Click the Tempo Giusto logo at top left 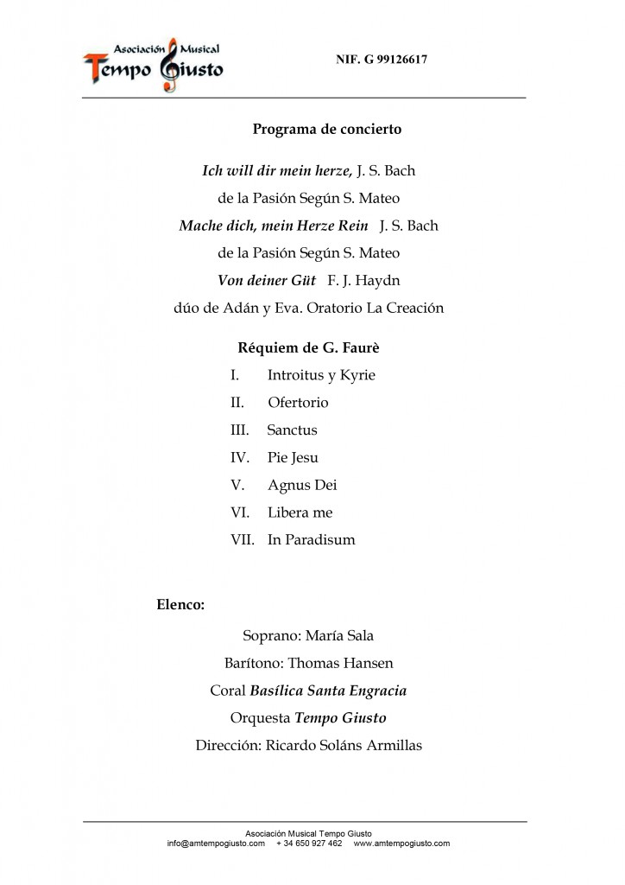click(x=153, y=64)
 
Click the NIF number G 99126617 click(x=382, y=60)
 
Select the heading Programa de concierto click(x=326, y=130)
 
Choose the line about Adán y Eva click(x=309, y=309)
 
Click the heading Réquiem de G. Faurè click(x=309, y=348)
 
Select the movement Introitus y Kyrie click(x=321, y=375)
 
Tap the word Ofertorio click(x=298, y=403)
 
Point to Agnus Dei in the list click(x=302, y=485)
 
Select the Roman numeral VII click(x=243, y=540)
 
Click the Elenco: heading click(x=180, y=605)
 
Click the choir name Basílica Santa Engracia click(x=328, y=691)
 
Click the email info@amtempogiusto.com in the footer click(x=216, y=844)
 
